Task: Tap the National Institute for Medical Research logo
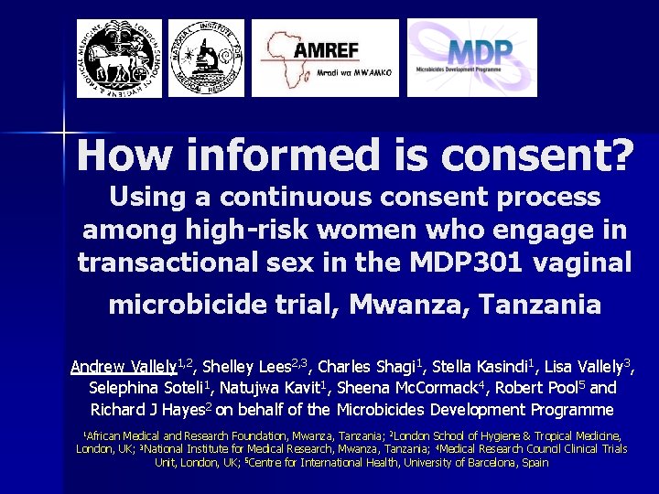point(206,58)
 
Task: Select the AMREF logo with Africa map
point(325,58)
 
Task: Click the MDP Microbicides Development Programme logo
point(471,58)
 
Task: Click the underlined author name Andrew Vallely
point(124,368)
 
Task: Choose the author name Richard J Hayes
point(147,410)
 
